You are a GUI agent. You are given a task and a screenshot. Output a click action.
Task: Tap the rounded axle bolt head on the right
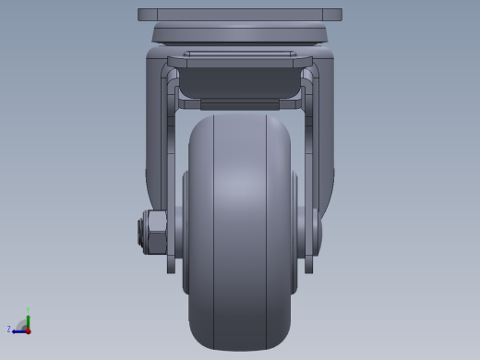(x=316, y=231)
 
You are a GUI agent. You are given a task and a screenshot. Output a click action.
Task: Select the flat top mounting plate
(x=240, y=15)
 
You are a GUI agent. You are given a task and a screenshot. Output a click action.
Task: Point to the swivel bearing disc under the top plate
(x=240, y=34)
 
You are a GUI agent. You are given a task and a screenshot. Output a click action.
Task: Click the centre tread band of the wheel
(x=240, y=231)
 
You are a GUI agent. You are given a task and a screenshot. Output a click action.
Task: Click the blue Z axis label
(x=9, y=329)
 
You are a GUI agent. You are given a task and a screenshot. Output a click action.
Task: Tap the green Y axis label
(x=29, y=310)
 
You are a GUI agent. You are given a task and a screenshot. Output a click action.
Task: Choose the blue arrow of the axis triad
(x=18, y=330)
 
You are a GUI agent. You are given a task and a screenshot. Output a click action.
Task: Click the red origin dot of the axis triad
(x=29, y=330)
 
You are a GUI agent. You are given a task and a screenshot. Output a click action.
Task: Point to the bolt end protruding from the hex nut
(x=140, y=231)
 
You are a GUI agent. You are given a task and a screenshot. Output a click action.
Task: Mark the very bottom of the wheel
(x=240, y=348)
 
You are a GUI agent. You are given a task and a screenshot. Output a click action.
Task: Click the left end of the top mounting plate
(x=141, y=15)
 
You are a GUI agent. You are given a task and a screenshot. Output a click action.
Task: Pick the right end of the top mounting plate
(x=339, y=15)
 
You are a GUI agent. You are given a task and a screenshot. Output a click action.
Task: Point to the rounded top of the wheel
(x=240, y=118)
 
